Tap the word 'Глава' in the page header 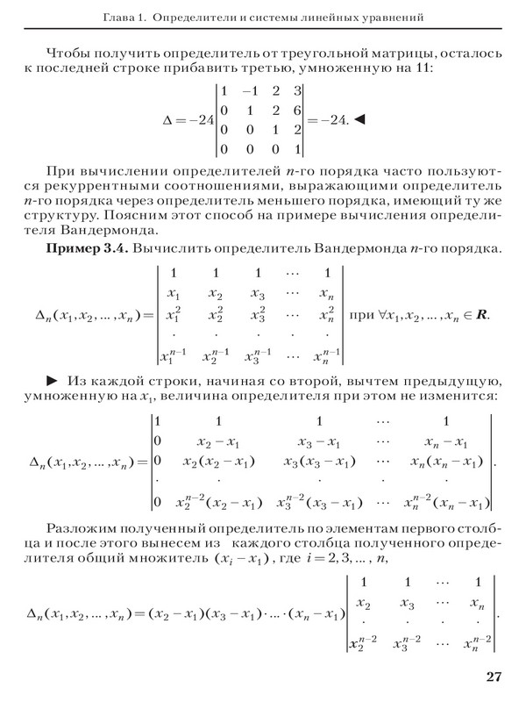[119, 17]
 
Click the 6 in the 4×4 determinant [298, 109]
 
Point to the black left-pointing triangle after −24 [359, 118]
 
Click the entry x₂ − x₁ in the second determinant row [212, 440]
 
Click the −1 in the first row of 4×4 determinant [250, 90]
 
